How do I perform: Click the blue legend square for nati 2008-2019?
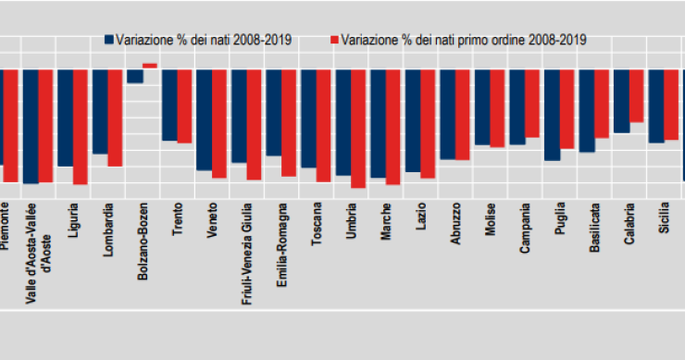(x=108, y=40)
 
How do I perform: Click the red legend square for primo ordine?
(x=334, y=40)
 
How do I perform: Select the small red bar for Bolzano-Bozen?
(x=150, y=65)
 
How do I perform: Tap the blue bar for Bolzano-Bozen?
(x=134, y=76)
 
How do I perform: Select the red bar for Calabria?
(x=636, y=95)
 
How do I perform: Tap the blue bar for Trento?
(x=169, y=105)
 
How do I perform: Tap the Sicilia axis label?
(x=665, y=218)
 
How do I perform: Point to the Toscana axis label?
(x=318, y=222)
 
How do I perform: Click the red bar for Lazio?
(x=428, y=123)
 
